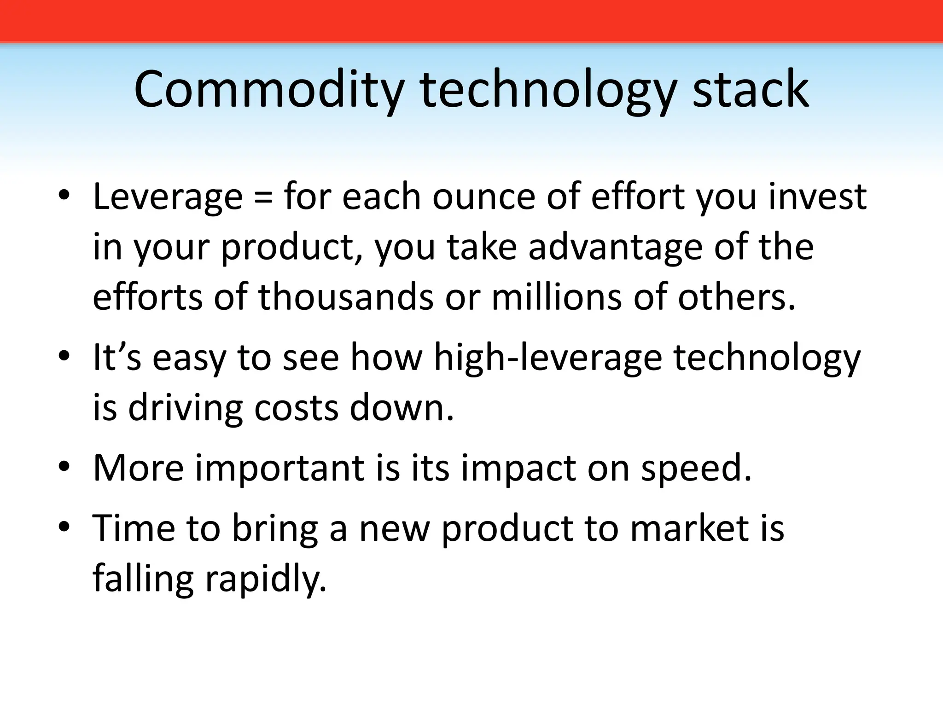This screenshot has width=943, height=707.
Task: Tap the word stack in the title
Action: (x=750, y=90)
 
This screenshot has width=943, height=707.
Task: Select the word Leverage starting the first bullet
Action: (x=168, y=197)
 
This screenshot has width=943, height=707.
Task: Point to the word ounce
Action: (x=483, y=197)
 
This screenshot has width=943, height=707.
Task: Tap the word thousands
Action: (x=345, y=297)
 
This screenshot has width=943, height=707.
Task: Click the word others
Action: (x=736, y=297)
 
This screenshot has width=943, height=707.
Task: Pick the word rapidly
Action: (x=265, y=579)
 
